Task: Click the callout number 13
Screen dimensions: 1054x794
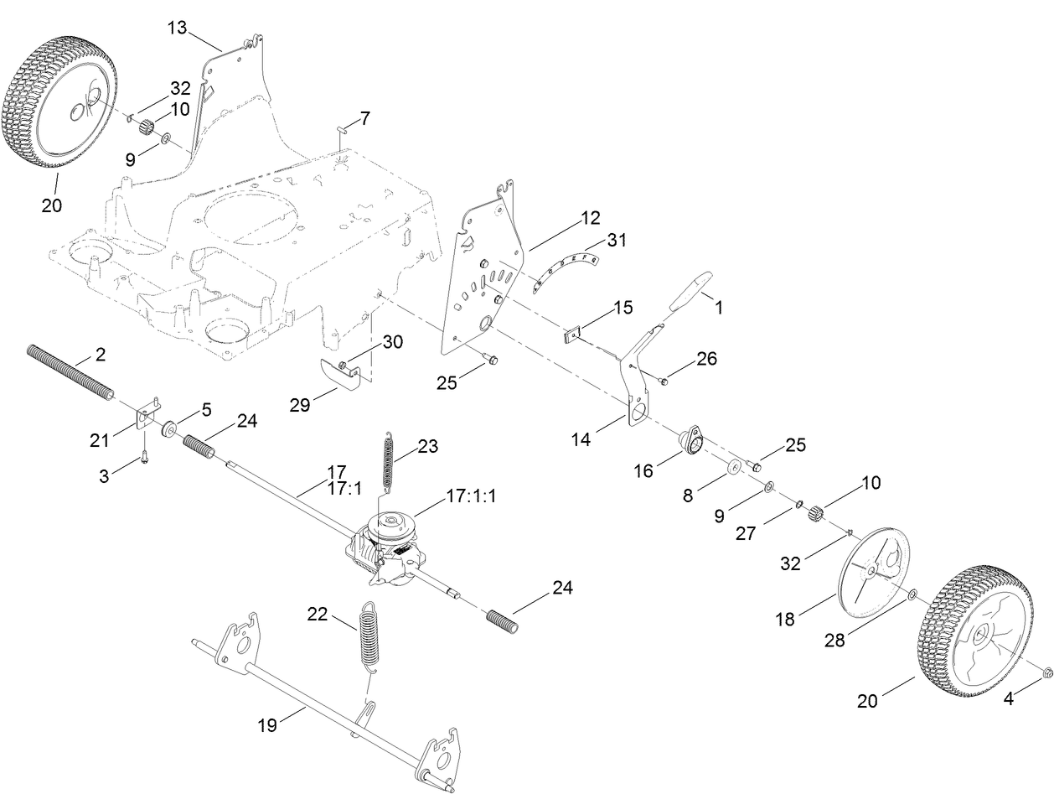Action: click(176, 28)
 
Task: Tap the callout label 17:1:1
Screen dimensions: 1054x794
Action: click(471, 496)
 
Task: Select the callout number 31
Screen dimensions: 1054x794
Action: click(617, 240)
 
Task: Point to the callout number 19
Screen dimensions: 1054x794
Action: click(267, 725)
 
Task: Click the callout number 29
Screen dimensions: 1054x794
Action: click(300, 405)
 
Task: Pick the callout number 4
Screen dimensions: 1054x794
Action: click(1009, 699)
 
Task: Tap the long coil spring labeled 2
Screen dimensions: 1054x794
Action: click(71, 372)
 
